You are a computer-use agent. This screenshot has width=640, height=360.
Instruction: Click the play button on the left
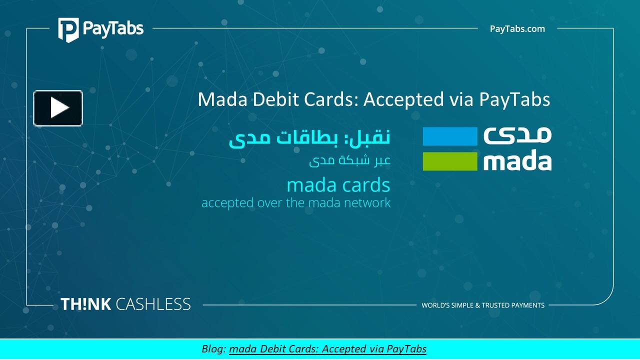[x=58, y=108]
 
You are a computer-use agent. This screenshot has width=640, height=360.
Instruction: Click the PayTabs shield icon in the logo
[x=67, y=29]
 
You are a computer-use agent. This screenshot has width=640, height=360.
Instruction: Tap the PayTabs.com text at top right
[x=517, y=29]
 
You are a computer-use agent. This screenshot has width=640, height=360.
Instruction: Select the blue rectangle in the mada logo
[x=450, y=136]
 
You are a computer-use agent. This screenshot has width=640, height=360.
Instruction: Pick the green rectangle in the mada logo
[x=450, y=161]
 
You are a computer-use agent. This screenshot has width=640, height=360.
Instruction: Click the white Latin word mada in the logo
[x=517, y=161]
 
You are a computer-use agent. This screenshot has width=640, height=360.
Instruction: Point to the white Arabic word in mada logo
[x=517, y=135]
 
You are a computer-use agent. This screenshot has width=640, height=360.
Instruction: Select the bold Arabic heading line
[x=309, y=138]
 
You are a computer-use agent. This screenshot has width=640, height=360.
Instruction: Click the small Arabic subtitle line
[x=349, y=161]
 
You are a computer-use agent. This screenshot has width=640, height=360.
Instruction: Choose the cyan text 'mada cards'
[x=338, y=185]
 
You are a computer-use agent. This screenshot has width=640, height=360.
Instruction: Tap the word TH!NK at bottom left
[x=85, y=304]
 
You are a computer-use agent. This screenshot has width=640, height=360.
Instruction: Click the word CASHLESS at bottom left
[x=153, y=304]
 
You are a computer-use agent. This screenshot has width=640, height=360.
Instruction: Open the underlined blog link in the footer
[x=327, y=348]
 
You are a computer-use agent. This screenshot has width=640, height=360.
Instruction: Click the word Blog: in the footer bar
[x=214, y=348]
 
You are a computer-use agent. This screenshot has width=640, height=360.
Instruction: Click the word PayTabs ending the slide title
[x=514, y=99]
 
